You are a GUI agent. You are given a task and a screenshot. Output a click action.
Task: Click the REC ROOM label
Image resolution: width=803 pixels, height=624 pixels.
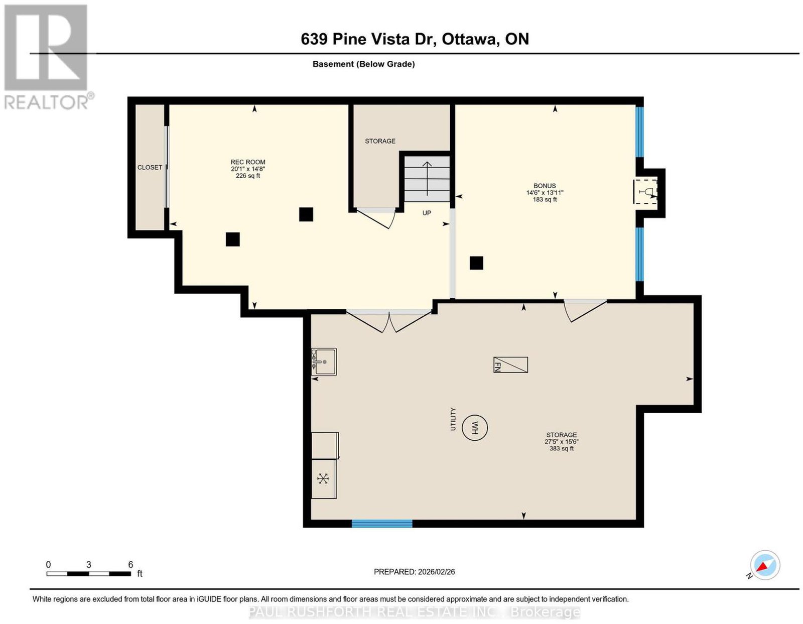(247, 162)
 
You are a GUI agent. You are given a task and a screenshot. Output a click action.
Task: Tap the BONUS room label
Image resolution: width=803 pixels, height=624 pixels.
(545, 186)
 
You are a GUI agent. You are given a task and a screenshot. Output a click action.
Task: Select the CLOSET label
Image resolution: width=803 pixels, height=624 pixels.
(150, 167)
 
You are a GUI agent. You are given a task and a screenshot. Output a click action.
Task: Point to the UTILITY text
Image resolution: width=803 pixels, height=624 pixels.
(453, 419)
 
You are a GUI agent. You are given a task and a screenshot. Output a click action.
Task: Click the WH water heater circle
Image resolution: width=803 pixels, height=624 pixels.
(475, 427)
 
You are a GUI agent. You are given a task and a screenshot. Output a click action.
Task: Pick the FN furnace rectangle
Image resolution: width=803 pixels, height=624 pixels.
(510, 364)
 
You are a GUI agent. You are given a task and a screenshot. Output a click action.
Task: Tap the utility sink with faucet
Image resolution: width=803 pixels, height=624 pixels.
(324, 361)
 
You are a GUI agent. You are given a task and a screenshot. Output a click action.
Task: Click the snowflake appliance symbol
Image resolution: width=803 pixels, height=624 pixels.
(323, 479)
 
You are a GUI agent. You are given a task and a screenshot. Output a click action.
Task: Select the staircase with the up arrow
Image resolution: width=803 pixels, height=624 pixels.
(427, 179)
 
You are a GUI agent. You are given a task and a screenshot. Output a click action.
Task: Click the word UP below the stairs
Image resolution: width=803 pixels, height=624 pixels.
(427, 213)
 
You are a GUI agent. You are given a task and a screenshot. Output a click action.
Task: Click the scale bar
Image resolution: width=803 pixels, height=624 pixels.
(89, 574)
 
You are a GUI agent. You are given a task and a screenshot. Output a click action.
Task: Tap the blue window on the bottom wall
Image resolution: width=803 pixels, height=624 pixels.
(382, 523)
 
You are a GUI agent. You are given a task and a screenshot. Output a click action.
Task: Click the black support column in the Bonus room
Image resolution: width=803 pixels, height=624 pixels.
(476, 263)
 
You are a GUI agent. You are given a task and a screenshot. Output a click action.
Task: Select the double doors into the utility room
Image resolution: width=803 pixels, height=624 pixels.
(389, 321)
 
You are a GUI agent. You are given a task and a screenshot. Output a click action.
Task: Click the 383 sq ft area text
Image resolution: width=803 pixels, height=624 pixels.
(561, 448)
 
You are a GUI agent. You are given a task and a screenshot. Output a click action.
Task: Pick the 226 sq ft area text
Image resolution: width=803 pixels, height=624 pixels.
(247, 176)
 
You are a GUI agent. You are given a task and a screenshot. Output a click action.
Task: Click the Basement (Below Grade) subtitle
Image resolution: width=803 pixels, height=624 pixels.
(364, 64)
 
